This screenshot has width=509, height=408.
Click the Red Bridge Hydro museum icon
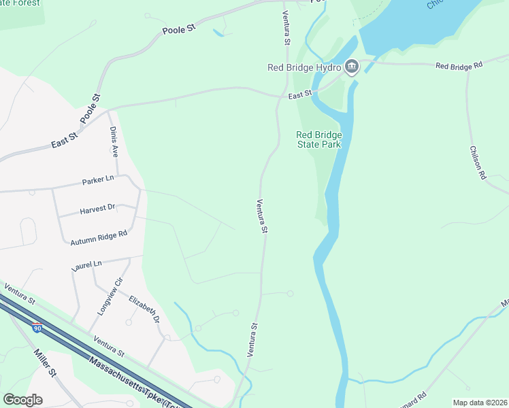coord(352,66)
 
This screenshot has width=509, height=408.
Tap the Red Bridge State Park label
coord(319,139)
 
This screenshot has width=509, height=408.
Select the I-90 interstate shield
coord(37,328)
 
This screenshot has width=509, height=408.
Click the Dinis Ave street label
coord(114,141)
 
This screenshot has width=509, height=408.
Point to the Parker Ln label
coord(98,181)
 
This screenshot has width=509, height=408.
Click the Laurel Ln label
coord(86,265)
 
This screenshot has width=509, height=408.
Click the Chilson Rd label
coord(478,162)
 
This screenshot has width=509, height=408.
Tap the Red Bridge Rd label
coord(459,65)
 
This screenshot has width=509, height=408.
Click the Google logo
coord(22,399)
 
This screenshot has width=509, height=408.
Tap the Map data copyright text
coord(480,403)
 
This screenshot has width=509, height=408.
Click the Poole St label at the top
coord(179,30)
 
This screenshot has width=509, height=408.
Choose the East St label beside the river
coord(299,92)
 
